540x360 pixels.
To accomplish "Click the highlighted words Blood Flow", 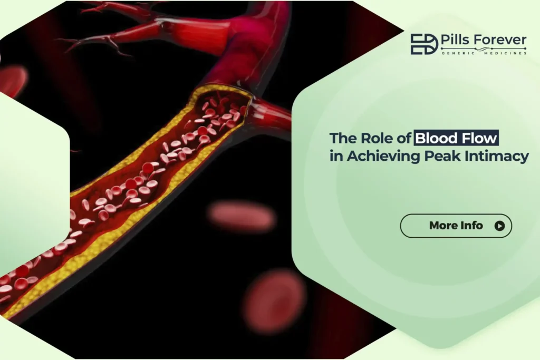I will pyautogui.click(x=456, y=139).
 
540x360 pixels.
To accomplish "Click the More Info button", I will pyautogui.click(x=456, y=226).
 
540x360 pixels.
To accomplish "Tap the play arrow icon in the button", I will pyautogui.click(x=499, y=226).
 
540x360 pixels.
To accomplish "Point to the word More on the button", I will pyautogui.click(x=443, y=226).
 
